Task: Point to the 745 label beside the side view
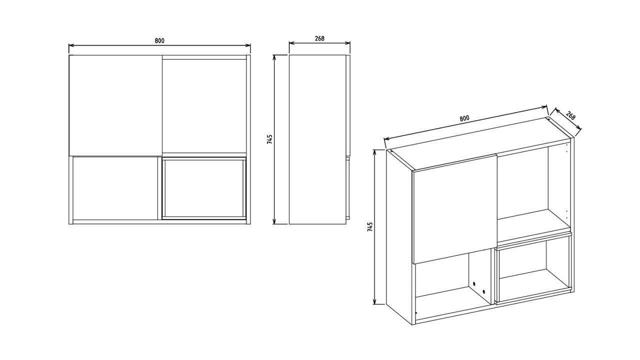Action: click(270, 139)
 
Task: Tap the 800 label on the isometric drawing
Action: click(464, 118)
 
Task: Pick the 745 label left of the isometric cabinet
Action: click(370, 227)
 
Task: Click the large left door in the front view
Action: click(115, 105)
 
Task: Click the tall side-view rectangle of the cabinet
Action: click(317, 139)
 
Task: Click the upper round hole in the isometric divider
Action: click(473, 284)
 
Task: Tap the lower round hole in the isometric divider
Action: click(483, 290)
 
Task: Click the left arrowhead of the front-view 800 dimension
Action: click(70, 45)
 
